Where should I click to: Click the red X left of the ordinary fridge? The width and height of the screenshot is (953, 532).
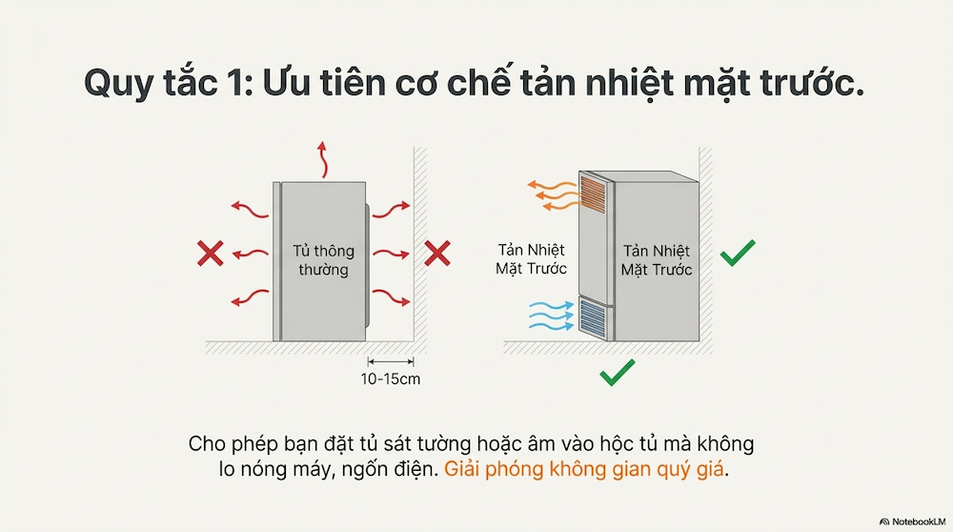pos(211,254)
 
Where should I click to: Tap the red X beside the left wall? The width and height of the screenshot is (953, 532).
pos(437,254)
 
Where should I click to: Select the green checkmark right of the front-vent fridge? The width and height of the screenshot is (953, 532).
pos(738,253)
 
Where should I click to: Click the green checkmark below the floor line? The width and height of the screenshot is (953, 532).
pos(617,372)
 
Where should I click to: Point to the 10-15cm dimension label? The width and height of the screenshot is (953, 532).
pos(390,379)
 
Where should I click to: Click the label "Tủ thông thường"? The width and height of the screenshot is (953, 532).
pos(323,260)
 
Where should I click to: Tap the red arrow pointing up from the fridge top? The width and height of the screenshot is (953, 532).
pos(323,159)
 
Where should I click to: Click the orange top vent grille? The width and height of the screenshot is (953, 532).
pos(593,194)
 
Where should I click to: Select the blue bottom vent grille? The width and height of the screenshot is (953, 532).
pos(593,318)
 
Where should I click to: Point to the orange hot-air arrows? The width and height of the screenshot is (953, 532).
pos(553,195)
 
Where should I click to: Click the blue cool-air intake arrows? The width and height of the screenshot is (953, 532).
pos(551,317)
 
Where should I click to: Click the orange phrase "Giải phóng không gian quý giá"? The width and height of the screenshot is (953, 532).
pos(584,469)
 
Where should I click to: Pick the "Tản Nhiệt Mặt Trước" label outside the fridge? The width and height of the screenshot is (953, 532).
pos(531,259)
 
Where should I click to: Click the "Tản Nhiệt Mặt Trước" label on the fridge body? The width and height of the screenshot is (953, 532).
pos(657,260)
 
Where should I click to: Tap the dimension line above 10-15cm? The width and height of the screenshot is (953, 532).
pos(391,361)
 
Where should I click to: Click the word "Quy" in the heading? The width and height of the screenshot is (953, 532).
pos(119,84)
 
